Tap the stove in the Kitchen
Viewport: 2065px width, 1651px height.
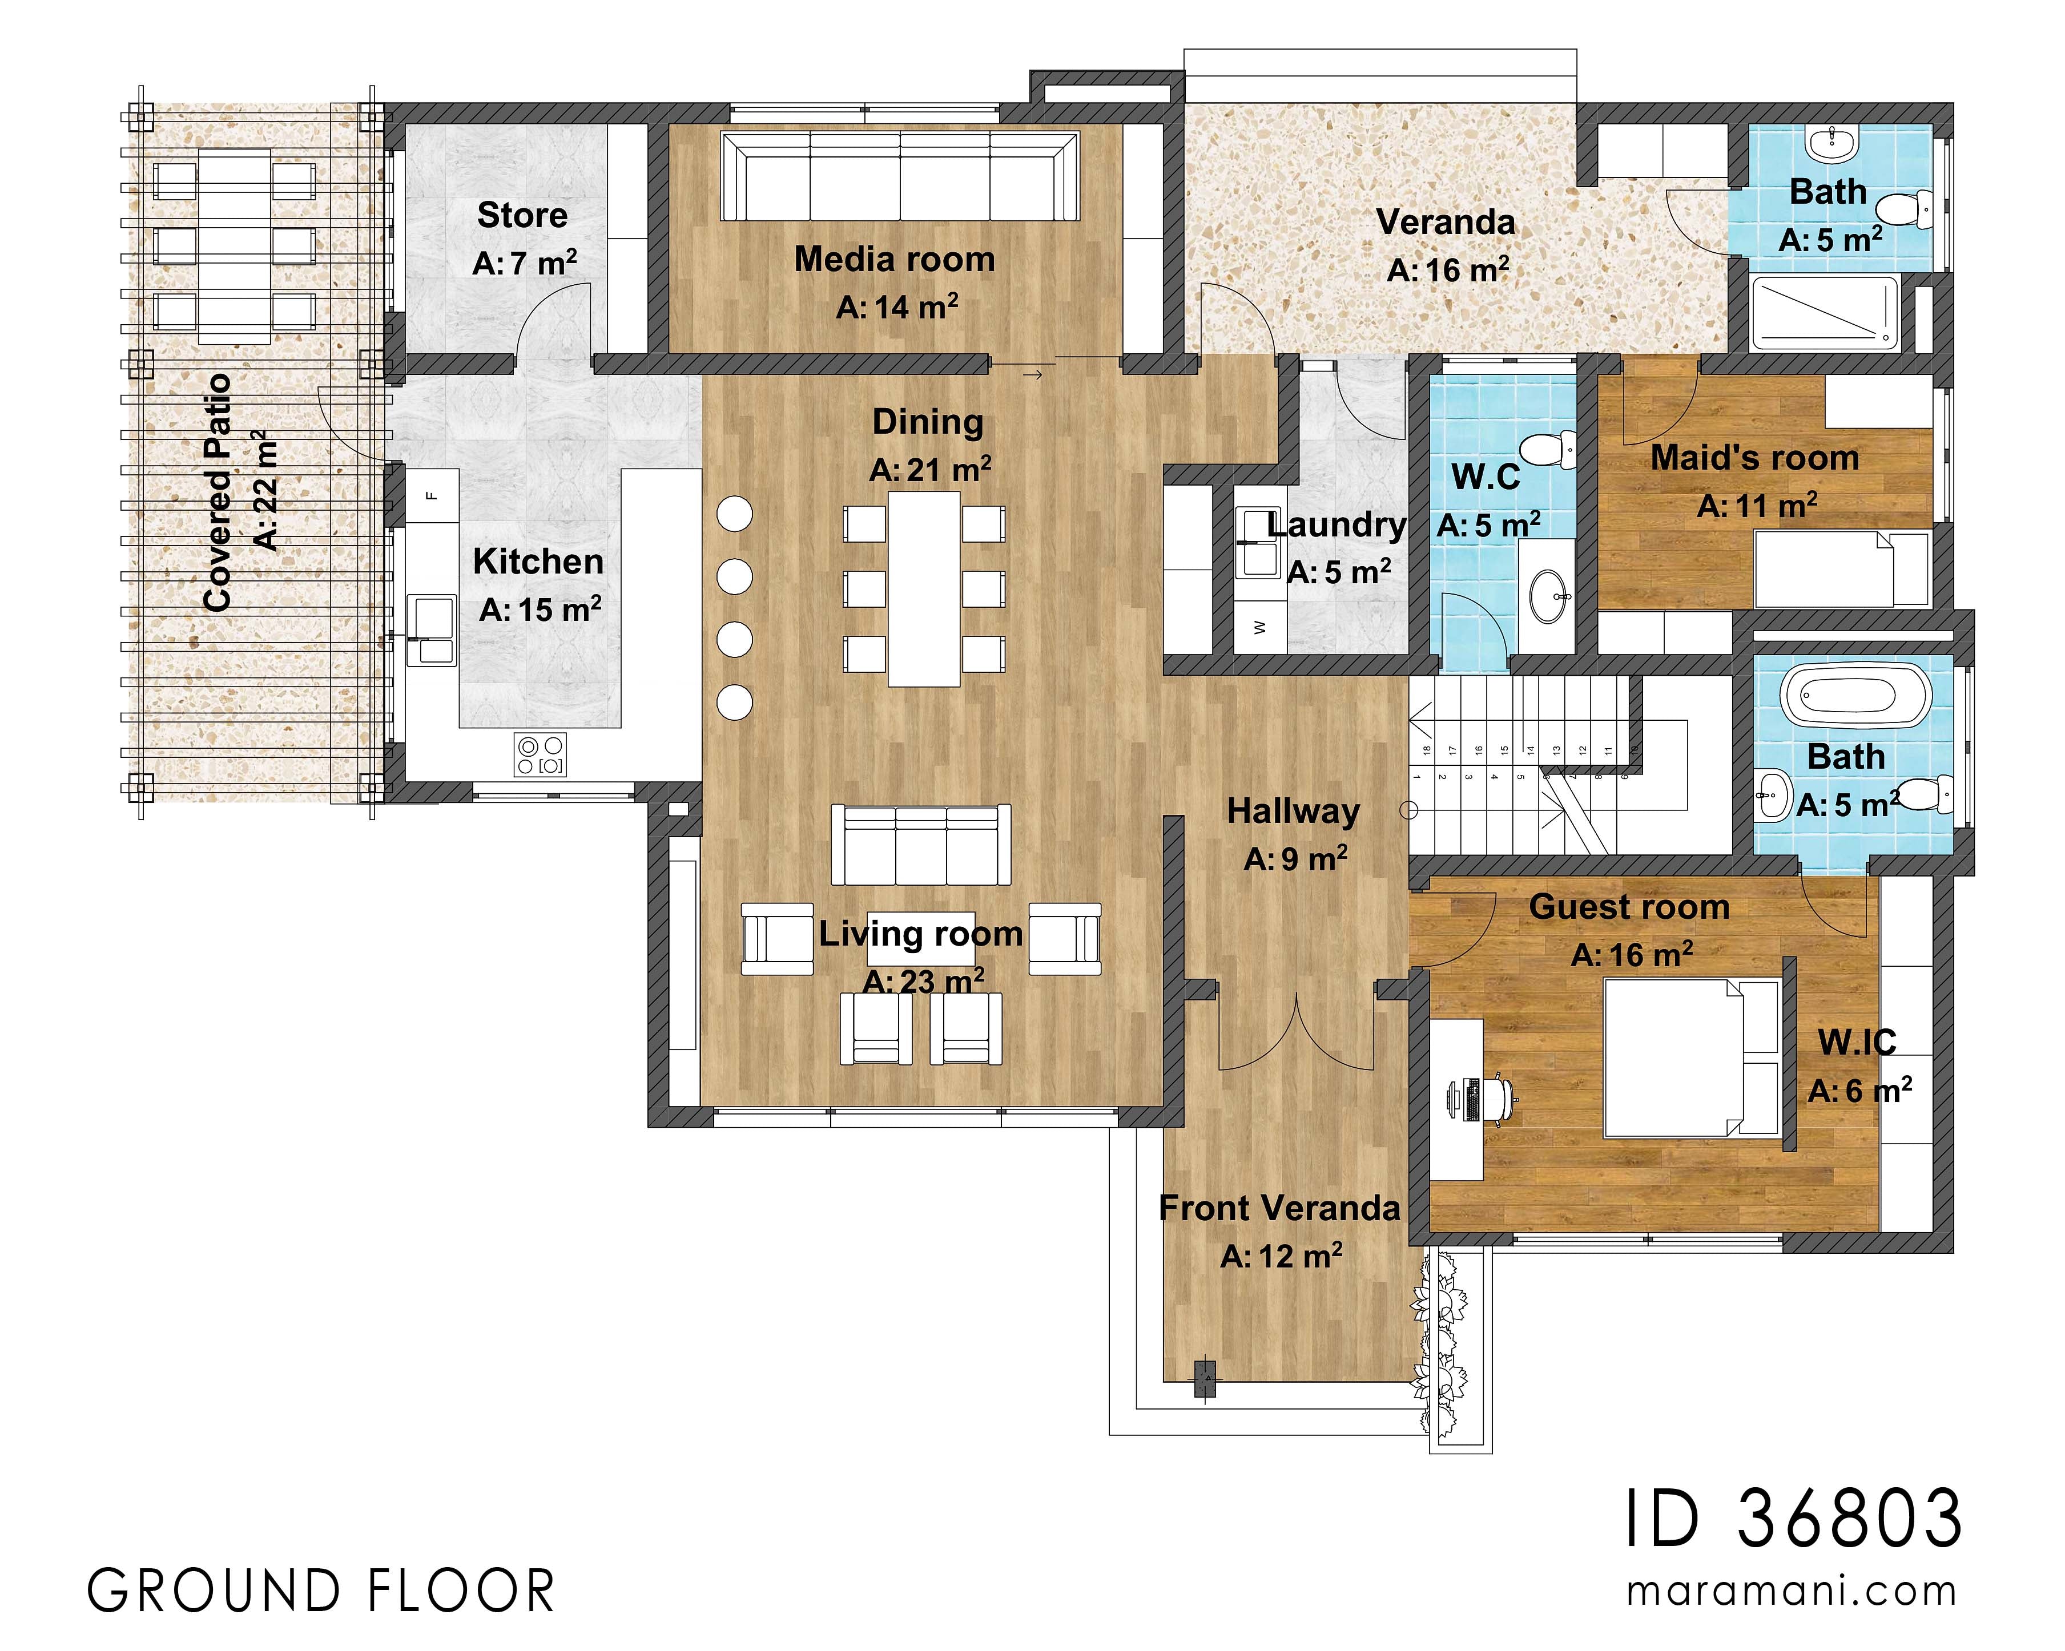pyautogui.click(x=540, y=754)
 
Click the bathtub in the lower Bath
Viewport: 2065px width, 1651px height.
pyautogui.click(x=1855, y=695)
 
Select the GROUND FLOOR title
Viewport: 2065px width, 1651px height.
pyautogui.click(x=321, y=1592)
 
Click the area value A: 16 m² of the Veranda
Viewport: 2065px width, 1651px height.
pyautogui.click(x=1447, y=271)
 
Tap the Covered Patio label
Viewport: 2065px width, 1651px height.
pyautogui.click(x=219, y=493)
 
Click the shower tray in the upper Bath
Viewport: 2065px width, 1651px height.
pyautogui.click(x=1824, y=313)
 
